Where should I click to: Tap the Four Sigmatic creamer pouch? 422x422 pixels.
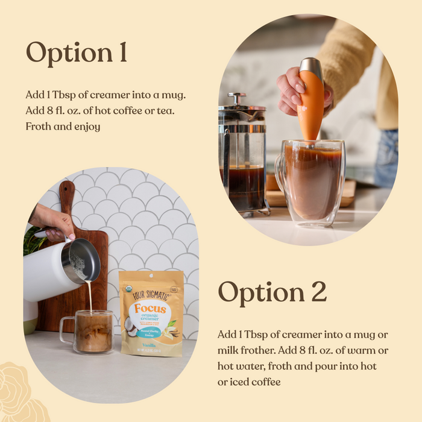tap(151, 313)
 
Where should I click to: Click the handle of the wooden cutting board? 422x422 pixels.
tap(66, 197)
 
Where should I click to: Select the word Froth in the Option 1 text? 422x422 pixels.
tap(39, 127)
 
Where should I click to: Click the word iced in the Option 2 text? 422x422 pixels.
tap(238, 382)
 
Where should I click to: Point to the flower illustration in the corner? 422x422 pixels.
tap(21, 392)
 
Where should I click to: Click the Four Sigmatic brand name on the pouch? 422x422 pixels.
tap(151, 288)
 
